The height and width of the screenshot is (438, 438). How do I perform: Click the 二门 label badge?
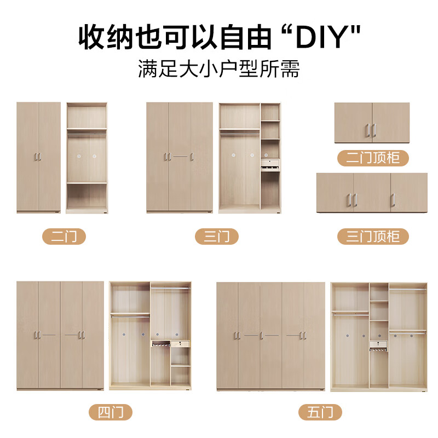click(x=64, y=237)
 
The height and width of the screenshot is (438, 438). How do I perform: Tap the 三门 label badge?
click(x=217, y=237)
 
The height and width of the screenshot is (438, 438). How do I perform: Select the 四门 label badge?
click(x=111, y=412)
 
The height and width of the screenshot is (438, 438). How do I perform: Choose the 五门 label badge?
click(x=320, y=412)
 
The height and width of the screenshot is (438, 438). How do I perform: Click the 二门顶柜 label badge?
click(x=373, y=158)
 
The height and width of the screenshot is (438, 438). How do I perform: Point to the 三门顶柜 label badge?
click(x=373, y=237)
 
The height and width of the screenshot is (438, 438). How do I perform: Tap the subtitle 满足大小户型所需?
click(x=219, y=70)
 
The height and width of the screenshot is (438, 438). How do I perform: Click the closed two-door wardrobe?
click(x=38, y=157)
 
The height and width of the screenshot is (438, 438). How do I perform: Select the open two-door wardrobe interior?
click(x=87, y=157)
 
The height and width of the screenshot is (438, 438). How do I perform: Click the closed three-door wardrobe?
click(x=179, y=157)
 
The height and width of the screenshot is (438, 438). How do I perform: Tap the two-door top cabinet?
click(x=372, y=123)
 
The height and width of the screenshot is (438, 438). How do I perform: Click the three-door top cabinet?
click(x=372, y=192)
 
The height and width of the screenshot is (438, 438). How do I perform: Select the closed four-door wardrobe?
click(x=60, y=335)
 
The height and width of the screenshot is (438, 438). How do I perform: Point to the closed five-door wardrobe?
click(x=270, y=335)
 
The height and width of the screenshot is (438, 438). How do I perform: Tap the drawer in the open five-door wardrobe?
click(x=379, y=344)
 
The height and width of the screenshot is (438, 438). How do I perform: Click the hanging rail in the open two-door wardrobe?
click(x=87, y=130)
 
